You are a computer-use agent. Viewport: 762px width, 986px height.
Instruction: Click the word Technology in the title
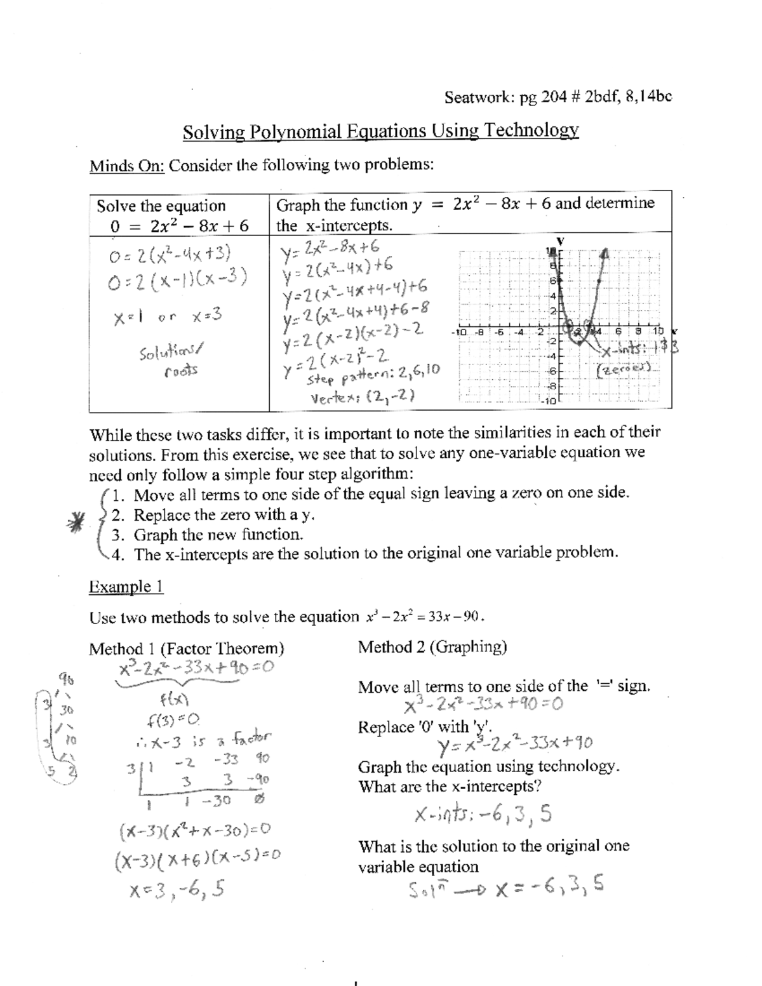point(531,131)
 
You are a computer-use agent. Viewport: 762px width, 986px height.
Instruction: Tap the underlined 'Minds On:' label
point(127,166)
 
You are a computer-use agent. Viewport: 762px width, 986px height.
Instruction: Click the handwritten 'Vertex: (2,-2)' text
point(362,398)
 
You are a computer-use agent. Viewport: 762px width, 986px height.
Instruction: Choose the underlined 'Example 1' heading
point(126,587)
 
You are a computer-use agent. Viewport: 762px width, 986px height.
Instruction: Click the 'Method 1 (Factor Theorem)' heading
point(187,648)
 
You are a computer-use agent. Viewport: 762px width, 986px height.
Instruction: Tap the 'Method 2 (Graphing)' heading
point(432,647)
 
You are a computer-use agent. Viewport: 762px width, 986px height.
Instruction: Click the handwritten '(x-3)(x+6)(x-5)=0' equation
point(197,862)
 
